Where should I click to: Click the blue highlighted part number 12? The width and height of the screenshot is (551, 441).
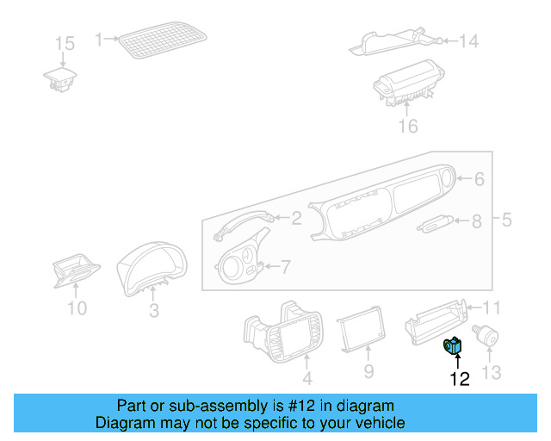click(453, 346)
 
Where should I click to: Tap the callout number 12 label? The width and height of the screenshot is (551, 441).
click(460, 379)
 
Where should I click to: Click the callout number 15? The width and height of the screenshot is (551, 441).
click(65, 43)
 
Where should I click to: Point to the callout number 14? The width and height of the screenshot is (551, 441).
click(467, 41)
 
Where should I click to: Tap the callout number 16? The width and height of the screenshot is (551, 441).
click(407, 127)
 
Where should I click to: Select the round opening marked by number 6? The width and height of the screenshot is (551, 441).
click(447, 178)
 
